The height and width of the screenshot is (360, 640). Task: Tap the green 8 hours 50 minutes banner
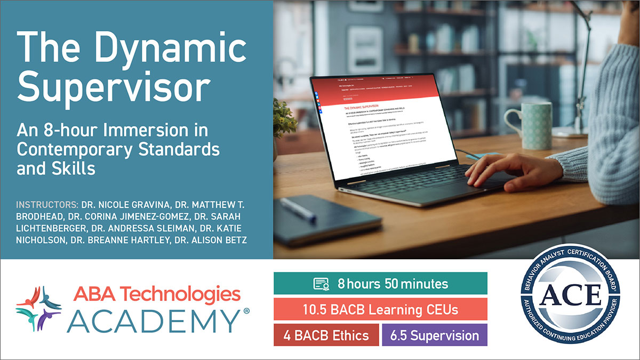(x=380, y=283)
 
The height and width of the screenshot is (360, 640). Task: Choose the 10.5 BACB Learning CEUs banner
(x=380, y=309)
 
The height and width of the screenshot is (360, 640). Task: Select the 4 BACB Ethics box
(x=326, y=335)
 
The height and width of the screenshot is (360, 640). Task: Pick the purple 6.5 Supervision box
(x=434, y=335)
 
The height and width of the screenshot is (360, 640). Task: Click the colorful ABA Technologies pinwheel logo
(x=38, y=308)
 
